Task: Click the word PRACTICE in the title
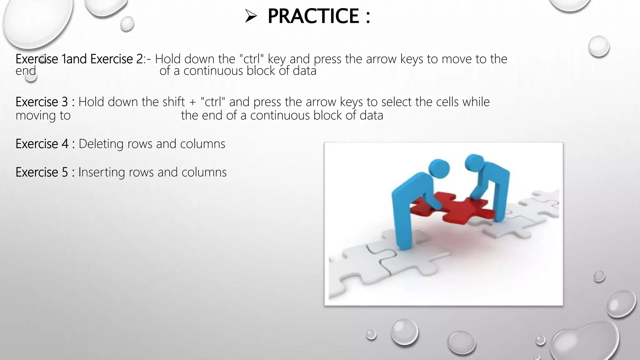313,16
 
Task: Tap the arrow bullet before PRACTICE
251,16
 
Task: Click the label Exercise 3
42,102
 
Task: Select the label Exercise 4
42,144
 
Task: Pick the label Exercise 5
42,172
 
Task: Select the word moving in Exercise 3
36,116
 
